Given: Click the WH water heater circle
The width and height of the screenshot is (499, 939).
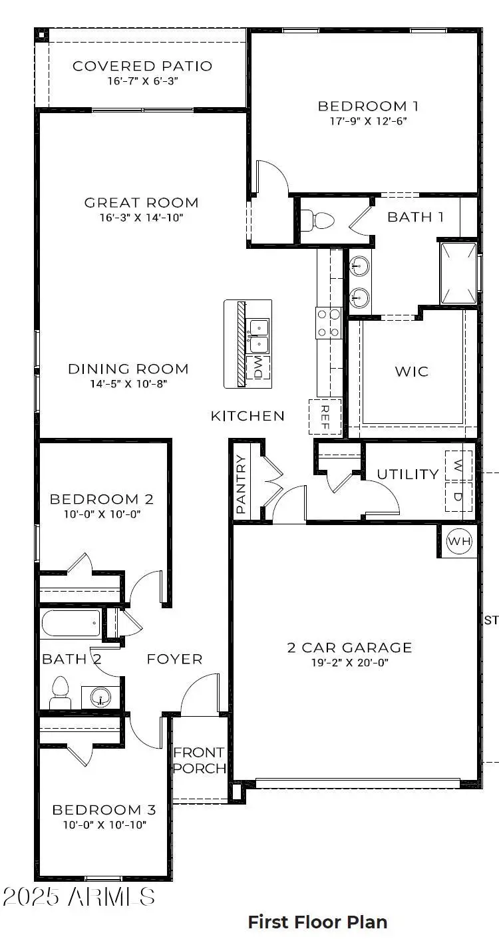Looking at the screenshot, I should pos(458,542).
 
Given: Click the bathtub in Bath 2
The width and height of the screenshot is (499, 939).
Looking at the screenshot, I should pos(71,624).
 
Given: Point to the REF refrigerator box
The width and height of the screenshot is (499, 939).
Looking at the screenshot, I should pos(325,417).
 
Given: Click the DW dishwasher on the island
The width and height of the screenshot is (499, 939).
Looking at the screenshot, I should pos(258,367).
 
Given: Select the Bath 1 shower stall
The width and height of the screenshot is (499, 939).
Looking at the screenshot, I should pos(458,273).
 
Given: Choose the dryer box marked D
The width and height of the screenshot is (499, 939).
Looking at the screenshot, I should pos(458,496).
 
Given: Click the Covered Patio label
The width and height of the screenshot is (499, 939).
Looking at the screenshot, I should pos(142,66).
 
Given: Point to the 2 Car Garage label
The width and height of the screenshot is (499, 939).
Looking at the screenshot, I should pos(349,647).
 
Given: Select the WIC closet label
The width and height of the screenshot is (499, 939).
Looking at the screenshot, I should pos(412,371).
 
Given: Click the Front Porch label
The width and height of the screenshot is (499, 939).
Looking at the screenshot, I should pos(199,760).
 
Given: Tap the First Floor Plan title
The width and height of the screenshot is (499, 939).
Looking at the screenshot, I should pos(317,922).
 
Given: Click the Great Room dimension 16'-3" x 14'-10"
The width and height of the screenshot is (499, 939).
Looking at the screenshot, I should pos(141,218).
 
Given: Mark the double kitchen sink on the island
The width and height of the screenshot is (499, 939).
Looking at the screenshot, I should pos(257,335).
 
